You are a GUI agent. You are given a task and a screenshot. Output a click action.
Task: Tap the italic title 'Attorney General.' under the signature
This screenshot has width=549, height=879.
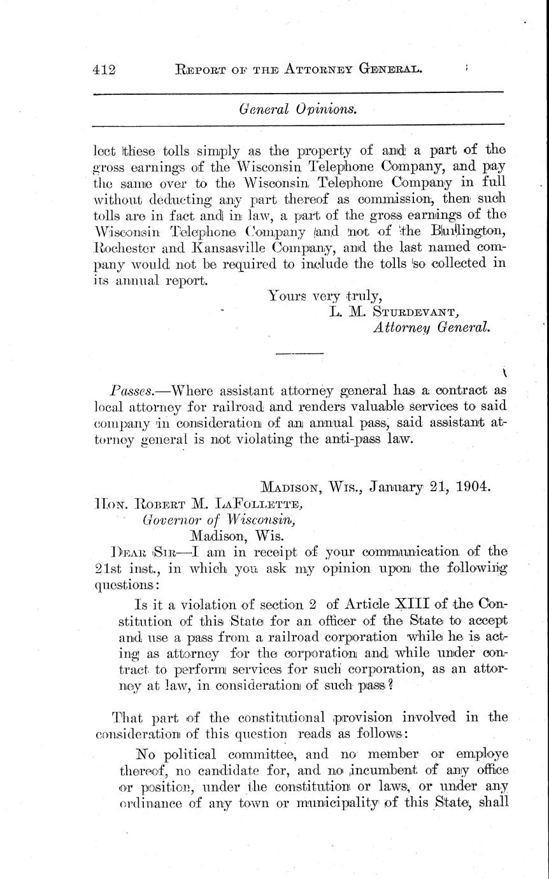431,327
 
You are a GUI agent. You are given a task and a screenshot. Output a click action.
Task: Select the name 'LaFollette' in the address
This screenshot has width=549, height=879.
257,506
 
